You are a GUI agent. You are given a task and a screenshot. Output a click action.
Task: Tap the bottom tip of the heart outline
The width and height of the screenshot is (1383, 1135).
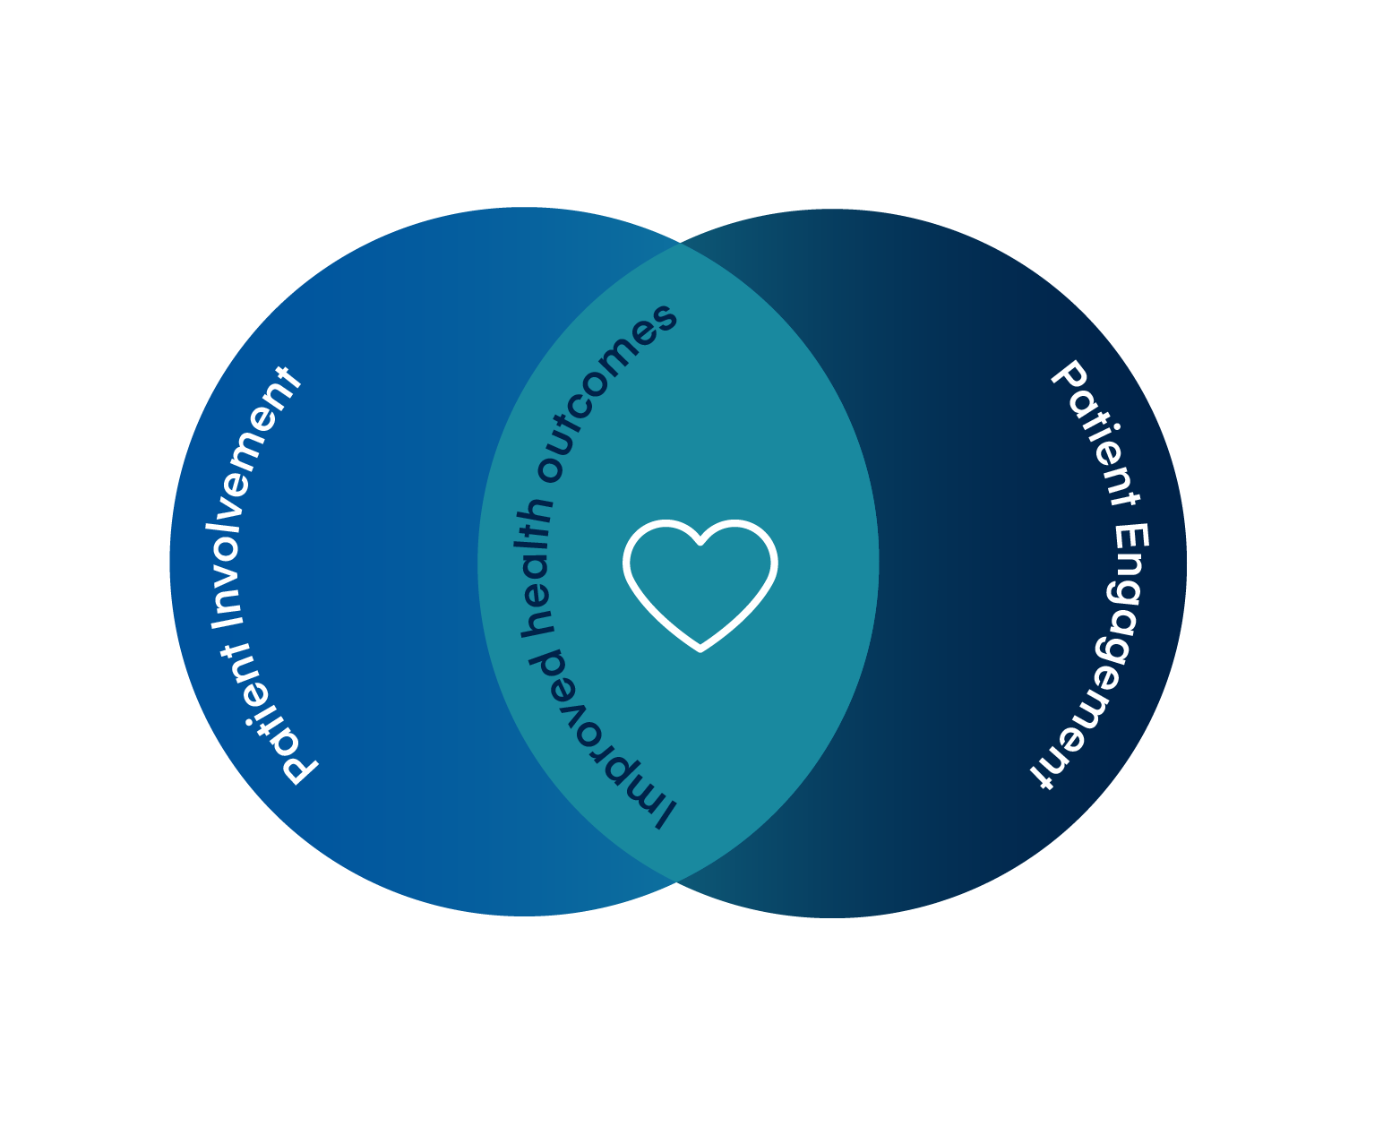(700, 648)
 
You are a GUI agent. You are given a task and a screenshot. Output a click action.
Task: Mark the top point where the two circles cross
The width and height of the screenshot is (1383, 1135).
(679, 243)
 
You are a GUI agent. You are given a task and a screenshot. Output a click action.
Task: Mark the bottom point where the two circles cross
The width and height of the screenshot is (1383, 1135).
(678, 883)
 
